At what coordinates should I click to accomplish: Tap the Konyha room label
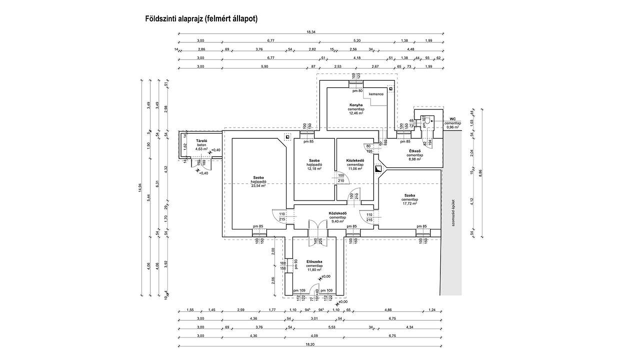click(356, 105)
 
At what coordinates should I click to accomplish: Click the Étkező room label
click(415, 151)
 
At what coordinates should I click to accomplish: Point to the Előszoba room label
click(314, 261)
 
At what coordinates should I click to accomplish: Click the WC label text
click(452, 119)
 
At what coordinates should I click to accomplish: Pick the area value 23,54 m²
click(258, 185)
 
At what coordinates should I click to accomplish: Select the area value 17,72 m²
click(409, 203)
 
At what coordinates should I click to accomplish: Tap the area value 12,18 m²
click(314, 168)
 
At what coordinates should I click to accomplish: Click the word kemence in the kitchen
click(376, 94)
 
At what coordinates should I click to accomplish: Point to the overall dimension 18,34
click(311, 32)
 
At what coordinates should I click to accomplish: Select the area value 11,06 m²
click(355, 168)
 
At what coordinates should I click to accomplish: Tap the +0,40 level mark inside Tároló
click(215, 150)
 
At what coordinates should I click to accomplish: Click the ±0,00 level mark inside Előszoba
click(325, 276)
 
